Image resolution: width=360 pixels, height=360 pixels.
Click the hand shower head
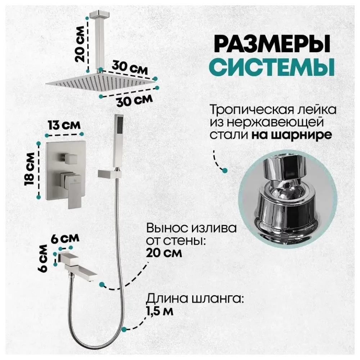click(118, 140)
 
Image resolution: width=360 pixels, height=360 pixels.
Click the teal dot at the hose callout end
click(124, 329)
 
